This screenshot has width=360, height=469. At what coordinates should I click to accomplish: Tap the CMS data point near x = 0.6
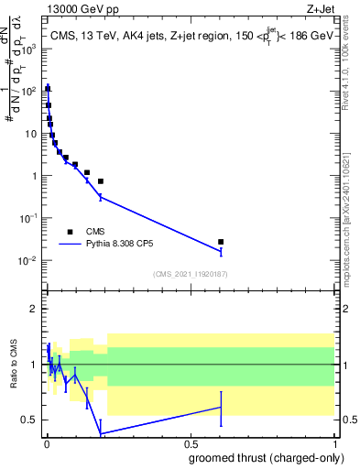click(221, 242)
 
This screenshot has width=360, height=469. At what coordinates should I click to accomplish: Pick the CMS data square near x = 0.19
click(101, 181)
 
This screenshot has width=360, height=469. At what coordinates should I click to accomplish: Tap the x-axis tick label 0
click(46, 442)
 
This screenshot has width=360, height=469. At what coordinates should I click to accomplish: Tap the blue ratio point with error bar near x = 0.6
click(221, 408)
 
